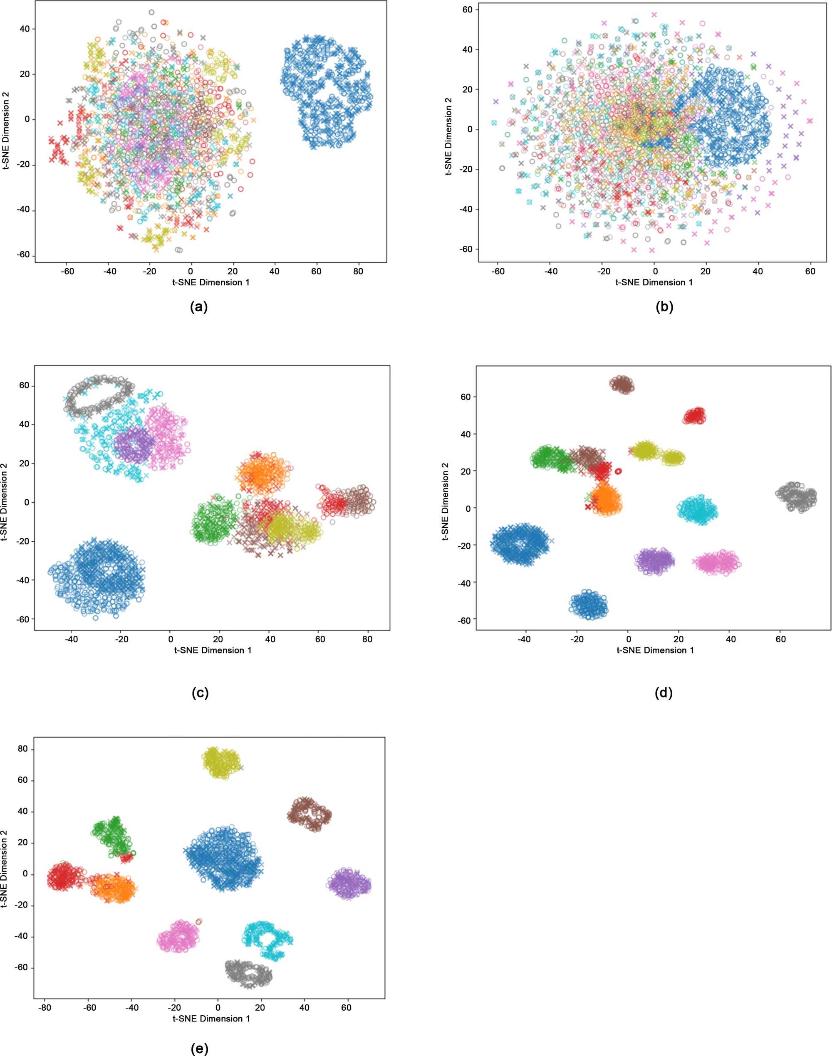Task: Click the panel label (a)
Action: click(199, 307)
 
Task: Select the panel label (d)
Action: click(664, 693)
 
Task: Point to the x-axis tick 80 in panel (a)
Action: click(358, 271)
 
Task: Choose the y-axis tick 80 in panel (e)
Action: click(23, 750)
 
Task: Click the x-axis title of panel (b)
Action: click(654, 282)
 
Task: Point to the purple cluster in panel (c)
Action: click(134, 444)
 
